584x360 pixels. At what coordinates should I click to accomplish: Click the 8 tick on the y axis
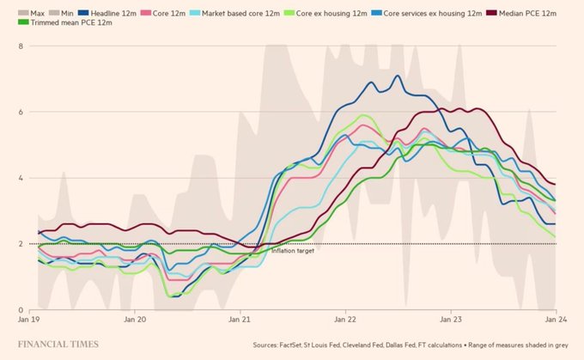click(21, 45)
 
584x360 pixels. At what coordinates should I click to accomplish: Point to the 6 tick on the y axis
click(21, 112)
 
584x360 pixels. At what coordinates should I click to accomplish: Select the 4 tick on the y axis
click(21, 178)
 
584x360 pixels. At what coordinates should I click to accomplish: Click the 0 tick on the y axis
click(21, 310)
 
